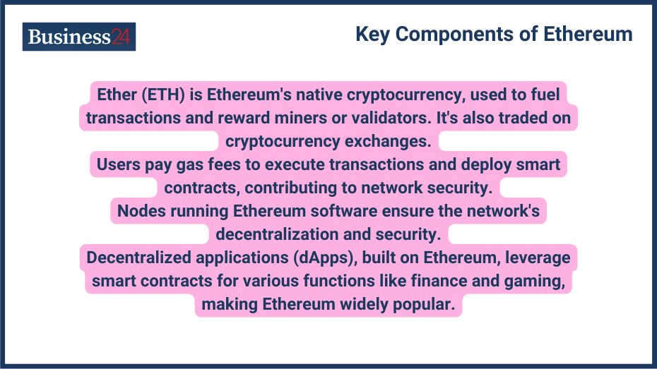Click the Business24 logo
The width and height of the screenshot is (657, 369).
click(x=79, y=37)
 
